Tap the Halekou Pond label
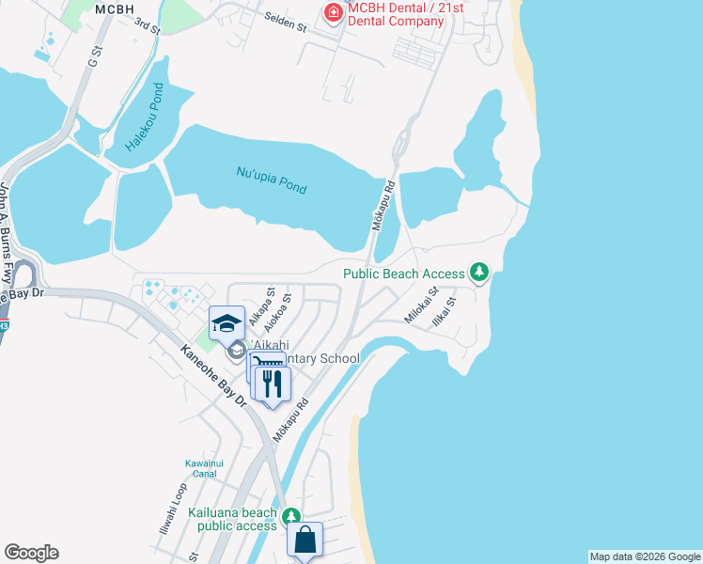[x=145, y=118]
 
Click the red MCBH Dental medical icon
[x=331, y=12]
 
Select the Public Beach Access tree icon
[x=480, y=273]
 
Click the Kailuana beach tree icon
[x=291, y=517]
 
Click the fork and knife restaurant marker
[x=273, y=384]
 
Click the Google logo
[x=31, y=553]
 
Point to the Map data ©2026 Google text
[x=645, y=556]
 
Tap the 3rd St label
[x=147, y=25]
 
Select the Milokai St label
[x=422, y=306]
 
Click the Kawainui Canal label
[x=202, y=467]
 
